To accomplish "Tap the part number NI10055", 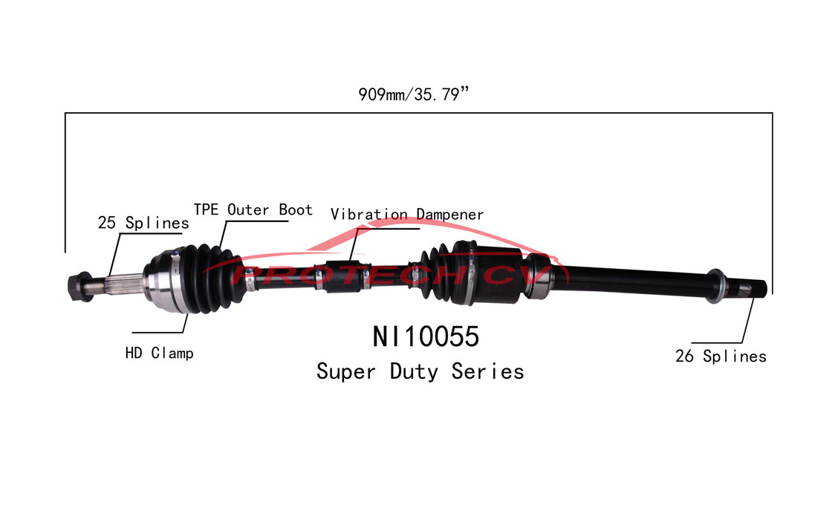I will (x=426, y=337).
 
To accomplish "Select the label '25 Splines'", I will (x=143, y=222).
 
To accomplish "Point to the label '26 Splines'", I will (x=720, y=357).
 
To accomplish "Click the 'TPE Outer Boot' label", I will (x=253, y=209).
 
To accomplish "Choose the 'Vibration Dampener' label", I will (x=407, y=215).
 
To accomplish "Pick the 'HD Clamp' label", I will (x=159, y=353).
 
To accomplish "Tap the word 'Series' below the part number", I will (x=487, y=371).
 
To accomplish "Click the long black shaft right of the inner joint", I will (x=631, y=281).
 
